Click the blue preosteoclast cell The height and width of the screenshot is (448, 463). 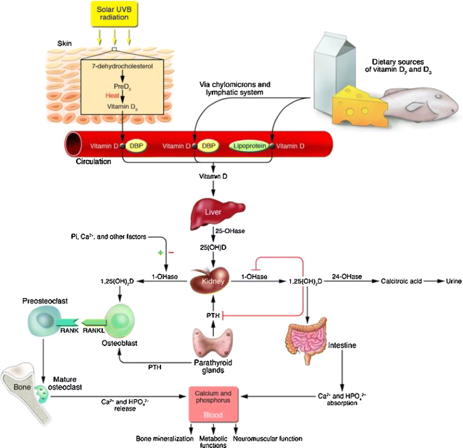[x=44, y=322]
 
